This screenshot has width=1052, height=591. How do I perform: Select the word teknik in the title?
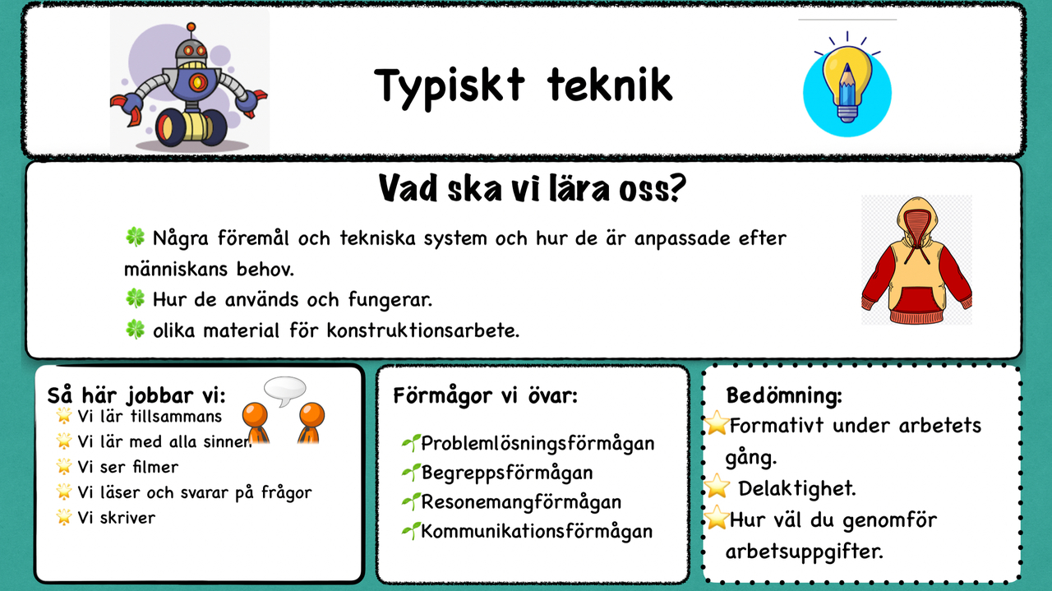[x=609, y=84]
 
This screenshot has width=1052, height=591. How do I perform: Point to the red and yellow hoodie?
[x=916, y=258]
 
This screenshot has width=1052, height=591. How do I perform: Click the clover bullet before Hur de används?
[x=135, y=300]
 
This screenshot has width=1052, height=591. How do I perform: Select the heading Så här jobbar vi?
[x=136, y=393]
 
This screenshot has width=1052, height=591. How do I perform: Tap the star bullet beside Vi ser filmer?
[x=63, y=467]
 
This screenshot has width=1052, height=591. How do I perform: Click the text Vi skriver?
[x=116, y=518]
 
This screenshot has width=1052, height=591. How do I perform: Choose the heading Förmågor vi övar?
[x=485, y=395]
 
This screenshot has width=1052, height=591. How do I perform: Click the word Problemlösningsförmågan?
[x=538, y=444]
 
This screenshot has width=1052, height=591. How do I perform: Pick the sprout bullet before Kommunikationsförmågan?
[x=410, y=532]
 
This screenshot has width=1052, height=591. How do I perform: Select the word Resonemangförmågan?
[x=521, y=502]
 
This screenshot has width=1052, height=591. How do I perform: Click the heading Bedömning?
[x=784, y=396]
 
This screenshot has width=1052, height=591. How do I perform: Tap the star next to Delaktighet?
[x=717, y=488]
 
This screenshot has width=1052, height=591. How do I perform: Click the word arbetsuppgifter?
[x=804, y=550]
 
